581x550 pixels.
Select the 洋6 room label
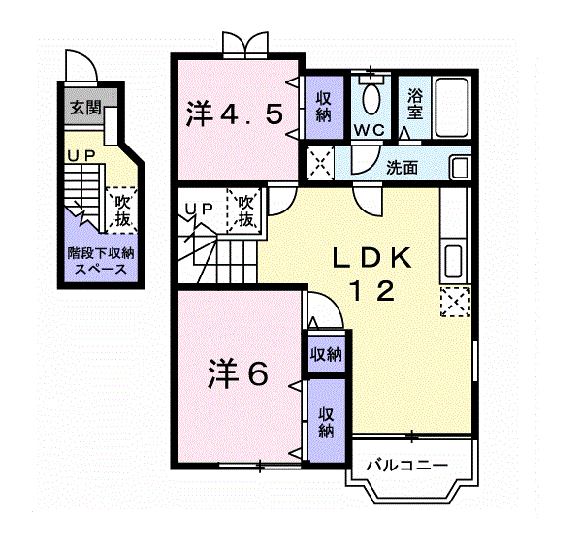pyautogui.click(x=238, y=373)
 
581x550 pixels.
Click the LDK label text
pyautogui.click(x=372, y=258)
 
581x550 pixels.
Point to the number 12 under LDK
pyautogui.click(x=372, y=290)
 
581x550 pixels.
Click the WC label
pyautogui.click(x=369, y=129)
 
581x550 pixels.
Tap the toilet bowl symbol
pyautogui.click(x=371, y=98)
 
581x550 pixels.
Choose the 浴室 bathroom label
pyautogui.click(x=415, y=104)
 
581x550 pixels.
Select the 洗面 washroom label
pyautogui.click(x=402, y=167)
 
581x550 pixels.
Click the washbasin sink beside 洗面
pyautogui.click(x=460, y=166)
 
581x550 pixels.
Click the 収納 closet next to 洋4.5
pyautogui.click(x=323, y=105)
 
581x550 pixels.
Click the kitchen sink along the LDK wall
pyautogui.click(x=453, y=261)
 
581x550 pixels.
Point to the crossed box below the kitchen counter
pyautogui.click(x=453, y=302)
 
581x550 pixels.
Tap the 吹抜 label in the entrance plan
pyautogui.click(x=122, y=210)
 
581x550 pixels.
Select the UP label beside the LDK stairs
pyautogui.click(x=200, y=208)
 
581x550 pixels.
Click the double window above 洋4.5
pyautogui.click(x=242, y=45)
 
